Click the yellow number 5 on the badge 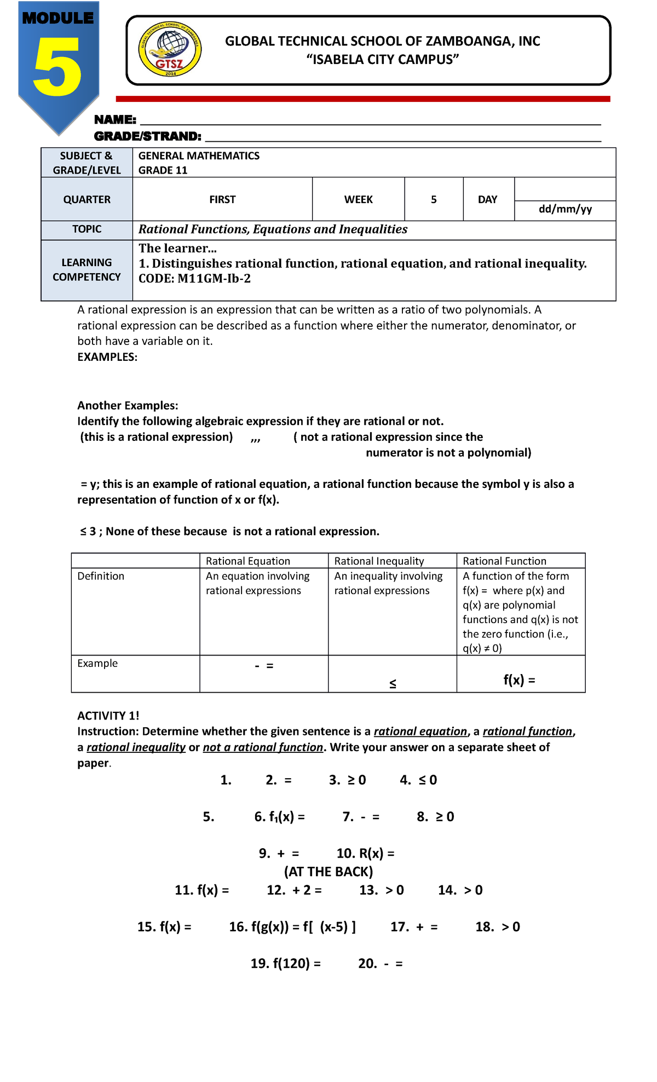[57, 67]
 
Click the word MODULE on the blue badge [57, 18]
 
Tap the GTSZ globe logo [170, 50]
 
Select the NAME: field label [115, 119]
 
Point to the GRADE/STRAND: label [147, 136]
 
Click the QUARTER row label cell [87, 199]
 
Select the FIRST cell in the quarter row [222, 199]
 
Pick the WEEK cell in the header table [358, 199]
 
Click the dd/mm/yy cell [565, 209]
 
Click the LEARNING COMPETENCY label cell [87, 270]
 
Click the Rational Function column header [504, 561]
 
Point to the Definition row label [101, 576]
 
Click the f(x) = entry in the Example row [519, 680]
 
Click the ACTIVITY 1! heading [108, 716]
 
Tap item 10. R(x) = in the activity [365, 853]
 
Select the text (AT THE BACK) [328, 871]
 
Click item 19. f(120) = [285, 963]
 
